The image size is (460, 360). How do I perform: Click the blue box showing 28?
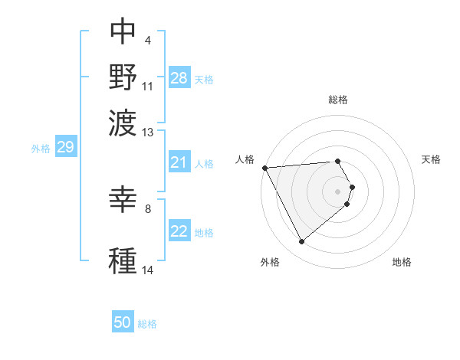179,78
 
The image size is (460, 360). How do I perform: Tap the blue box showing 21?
179,162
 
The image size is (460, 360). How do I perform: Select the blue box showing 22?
179,231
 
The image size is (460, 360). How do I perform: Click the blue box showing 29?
65,148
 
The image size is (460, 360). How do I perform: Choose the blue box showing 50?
123,322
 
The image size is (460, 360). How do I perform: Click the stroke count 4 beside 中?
147,39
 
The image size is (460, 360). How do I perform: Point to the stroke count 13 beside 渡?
148,133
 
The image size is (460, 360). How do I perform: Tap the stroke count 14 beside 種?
148,270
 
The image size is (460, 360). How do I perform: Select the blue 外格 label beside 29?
40,149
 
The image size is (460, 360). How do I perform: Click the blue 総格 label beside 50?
147,324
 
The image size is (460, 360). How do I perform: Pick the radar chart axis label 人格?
245,159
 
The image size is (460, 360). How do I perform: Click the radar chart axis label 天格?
431,159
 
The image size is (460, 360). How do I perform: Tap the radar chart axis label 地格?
402,262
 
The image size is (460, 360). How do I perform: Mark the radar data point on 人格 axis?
264,167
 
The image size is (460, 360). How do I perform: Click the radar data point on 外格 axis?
301,242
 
